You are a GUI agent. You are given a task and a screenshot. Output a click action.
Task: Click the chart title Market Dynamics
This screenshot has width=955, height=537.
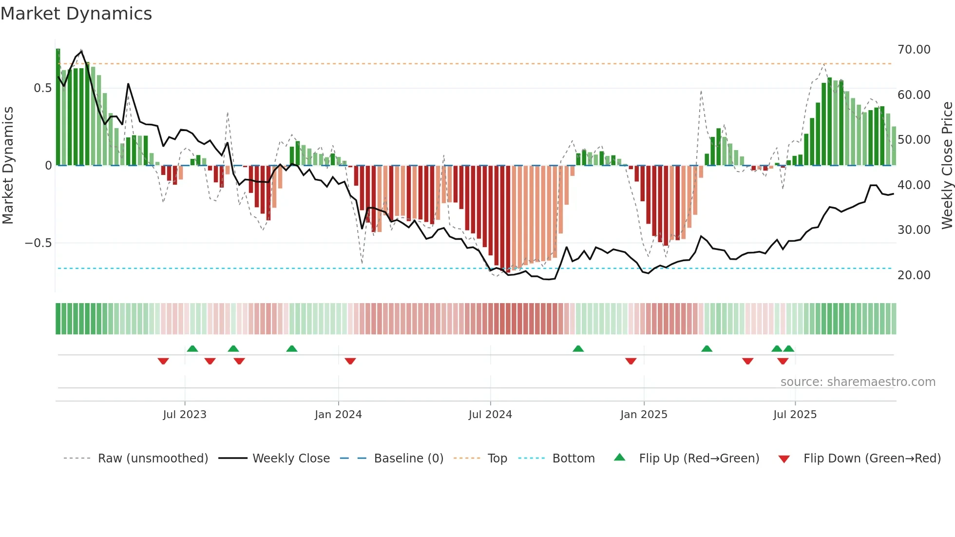pos(76,14)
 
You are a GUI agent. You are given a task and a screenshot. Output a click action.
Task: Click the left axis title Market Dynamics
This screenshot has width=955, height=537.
pos(8,165)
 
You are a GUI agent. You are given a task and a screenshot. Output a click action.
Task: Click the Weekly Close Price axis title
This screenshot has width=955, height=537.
pos(947,165)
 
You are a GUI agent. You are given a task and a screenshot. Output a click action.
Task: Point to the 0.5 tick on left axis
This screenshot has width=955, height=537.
pos(42,88)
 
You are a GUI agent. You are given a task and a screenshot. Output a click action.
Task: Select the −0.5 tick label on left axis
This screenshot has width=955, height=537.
pos(38,243)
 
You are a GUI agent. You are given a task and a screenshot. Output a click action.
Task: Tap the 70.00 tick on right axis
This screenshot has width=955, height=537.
pos(914,50)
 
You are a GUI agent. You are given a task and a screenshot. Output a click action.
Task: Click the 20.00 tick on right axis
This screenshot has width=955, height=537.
pos(914,275)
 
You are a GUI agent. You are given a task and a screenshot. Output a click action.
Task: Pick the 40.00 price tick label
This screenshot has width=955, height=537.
pos(914,185)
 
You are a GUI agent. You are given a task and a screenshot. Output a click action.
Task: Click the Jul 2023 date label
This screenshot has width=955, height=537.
pos(185,415)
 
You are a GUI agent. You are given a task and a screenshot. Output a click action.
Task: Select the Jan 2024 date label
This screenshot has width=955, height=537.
pos(338,415)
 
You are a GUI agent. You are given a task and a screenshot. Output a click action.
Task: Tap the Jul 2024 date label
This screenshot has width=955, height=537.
pos(490,415)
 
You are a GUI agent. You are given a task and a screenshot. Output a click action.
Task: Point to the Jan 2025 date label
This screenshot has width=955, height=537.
pos(644,415)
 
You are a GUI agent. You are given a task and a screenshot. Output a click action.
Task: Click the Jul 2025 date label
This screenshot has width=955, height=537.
pos(795,415)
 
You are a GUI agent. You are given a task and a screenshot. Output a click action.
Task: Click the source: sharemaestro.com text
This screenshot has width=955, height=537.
pos(858,382)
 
